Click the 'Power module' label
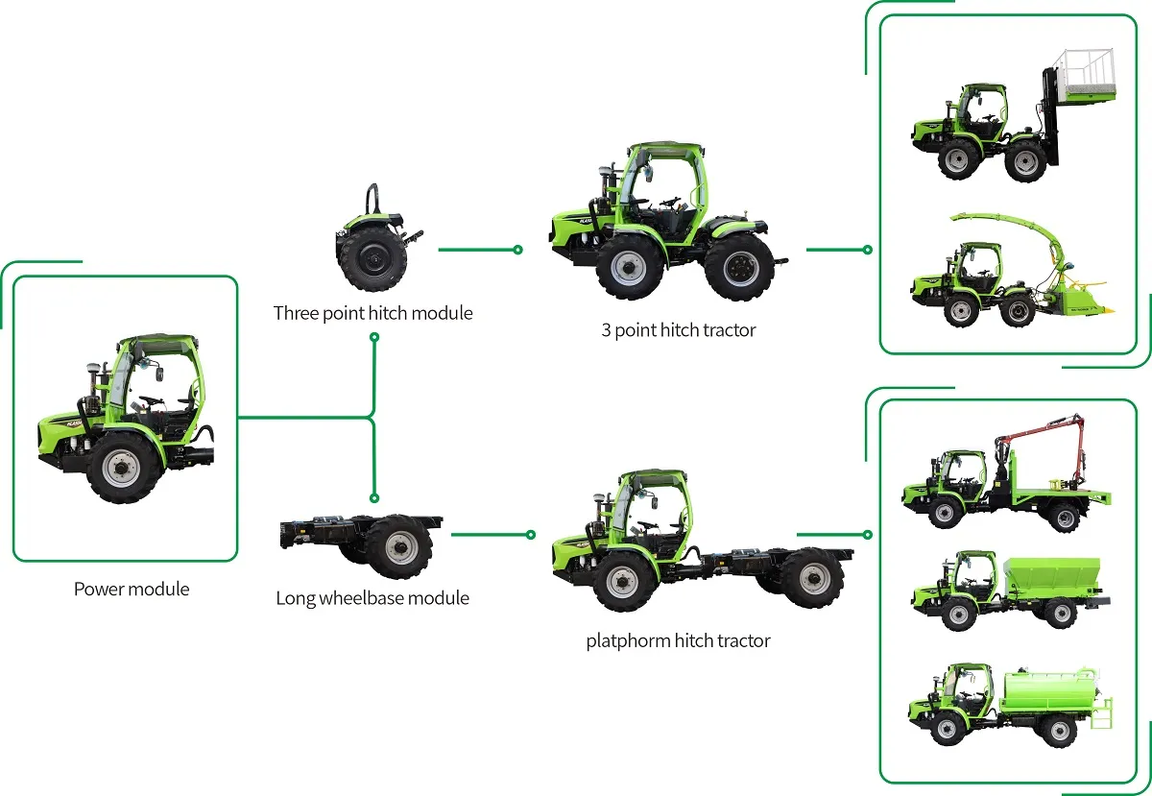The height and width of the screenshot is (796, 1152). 132,589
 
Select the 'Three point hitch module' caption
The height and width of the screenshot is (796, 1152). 372,313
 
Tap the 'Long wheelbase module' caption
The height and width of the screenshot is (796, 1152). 372,598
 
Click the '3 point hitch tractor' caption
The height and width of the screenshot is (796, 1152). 678,330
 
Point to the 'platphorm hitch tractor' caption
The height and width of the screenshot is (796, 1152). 678,640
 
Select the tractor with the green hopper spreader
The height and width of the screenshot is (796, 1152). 1008,591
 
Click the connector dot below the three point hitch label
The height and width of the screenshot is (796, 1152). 373,338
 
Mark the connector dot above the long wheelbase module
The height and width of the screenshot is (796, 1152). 373,497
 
